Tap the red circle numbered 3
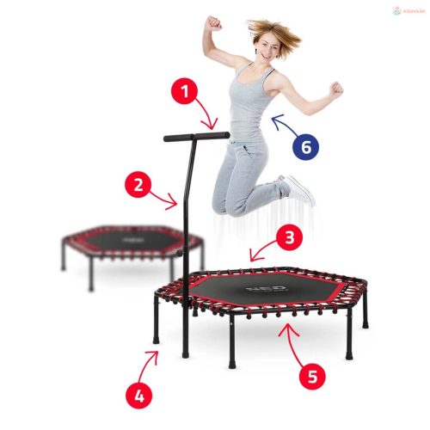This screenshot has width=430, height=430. pyautogui.click(x=290, y=236)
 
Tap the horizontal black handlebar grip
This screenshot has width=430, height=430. pyautogui.click(x=197, y=135)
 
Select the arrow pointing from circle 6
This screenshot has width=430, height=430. pyautogui.click(x=282, y=127)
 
